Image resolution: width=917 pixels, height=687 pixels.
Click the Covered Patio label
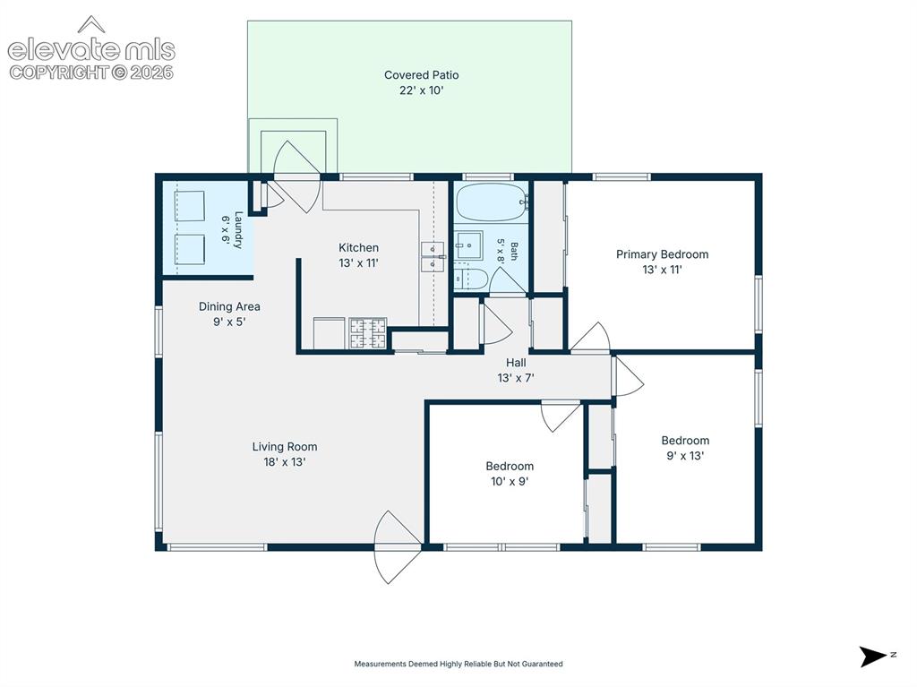pos(421,75)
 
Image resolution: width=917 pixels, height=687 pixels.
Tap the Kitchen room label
pos(358,247)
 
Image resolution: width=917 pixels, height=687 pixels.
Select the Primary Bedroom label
pos(662,254)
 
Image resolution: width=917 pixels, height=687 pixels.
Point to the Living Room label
pos(285,446)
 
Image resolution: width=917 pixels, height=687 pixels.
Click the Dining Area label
pos(229,306)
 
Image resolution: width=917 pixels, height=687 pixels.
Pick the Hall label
pos(516,362)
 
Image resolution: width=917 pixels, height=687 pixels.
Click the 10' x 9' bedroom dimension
pos(510,481)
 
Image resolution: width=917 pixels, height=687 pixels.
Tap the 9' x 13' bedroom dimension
pos(685,455)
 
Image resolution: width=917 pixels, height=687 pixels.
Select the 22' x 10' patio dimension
pos(421,90)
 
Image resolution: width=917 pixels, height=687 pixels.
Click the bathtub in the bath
pos(492,202)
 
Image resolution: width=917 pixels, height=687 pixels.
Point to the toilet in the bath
pos(470,279)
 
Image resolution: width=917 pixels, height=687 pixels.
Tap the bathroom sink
pos(468,245)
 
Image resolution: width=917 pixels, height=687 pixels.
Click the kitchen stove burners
pos(368,333)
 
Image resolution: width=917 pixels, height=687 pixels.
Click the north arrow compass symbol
pos(874,656)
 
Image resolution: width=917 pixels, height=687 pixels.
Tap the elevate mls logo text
pos(91,50)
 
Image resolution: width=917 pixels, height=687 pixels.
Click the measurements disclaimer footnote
pos(458,664)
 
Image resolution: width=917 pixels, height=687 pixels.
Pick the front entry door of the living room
pos(398,547)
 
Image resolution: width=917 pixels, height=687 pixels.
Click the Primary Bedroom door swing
pos(590,338)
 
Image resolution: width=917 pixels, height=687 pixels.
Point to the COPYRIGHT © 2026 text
pos(91,73)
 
